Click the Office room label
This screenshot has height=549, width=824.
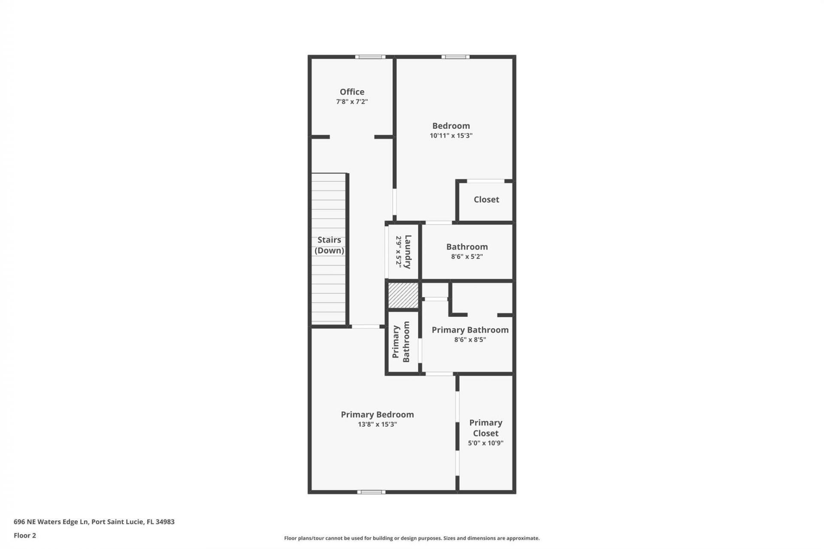pyautogui.click(x=352, y=92)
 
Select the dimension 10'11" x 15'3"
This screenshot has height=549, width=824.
pyautogui.click(x=451, y=136)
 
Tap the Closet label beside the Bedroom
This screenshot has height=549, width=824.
pyautogui.click(x=486, y=199)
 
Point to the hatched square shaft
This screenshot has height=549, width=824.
pyautogui.click(x=403, y=295)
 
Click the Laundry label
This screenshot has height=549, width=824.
pyautogui.click(x=408, y=252)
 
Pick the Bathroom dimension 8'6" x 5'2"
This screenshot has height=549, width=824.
pyautogui.click(x=467, y=256)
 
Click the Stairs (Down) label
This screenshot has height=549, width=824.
pyautogui.click(x=329, y=245)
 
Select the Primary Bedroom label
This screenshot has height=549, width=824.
pyautogui.click(x=377, y=414)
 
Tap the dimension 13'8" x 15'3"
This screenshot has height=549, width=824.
pyautogui.click(x=377, y=424)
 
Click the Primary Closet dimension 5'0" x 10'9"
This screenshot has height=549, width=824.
pyautogui.click(x=485, y=443)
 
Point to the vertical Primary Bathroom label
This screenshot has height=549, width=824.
pyautogui.click(x=401, y=342)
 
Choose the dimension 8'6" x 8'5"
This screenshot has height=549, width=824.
pyautogui.click(x=470, y=340)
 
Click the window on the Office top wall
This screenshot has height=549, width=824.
pyautogui.click(x=370, y=57)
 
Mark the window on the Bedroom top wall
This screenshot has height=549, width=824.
pyautogui.click(x=455, y=57)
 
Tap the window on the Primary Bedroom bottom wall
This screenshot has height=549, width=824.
pyautogui.click(x=371, y=492)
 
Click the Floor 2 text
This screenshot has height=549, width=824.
pyautogui.click(x=25, y=535)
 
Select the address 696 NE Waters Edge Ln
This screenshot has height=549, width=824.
pyautogui.click(x=94, y=522)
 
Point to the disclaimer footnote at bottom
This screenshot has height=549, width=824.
pyautogui.click(x=412, y=538)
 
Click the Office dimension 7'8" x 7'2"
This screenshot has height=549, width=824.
pyautogui.click(x=352, y=102)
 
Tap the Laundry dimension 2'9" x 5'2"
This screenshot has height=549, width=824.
pyautogui.click(x=398, y=252)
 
